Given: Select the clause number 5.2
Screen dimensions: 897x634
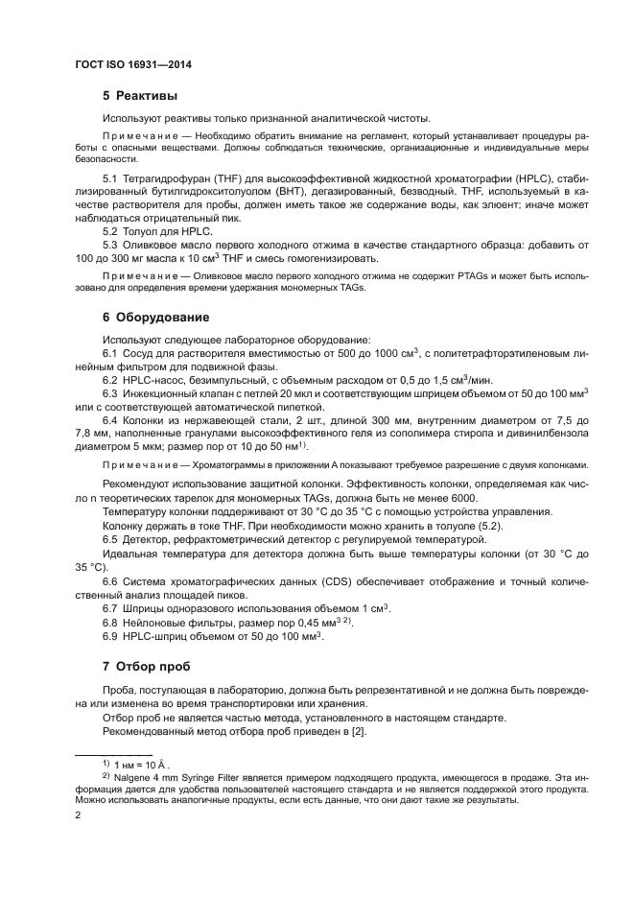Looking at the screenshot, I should [110, 232].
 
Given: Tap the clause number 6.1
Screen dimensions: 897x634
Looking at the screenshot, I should [110, 353].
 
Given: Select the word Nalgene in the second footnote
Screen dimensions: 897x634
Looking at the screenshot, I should [134, 778].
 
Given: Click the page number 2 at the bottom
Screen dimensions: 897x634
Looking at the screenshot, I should [78, 816].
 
